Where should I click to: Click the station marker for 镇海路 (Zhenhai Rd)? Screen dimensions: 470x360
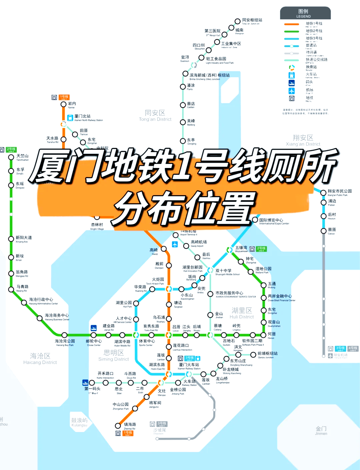(x=118, y=426)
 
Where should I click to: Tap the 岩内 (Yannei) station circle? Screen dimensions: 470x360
(x=63, y=104)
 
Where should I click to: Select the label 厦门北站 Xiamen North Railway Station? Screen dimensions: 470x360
(x=88, y=118)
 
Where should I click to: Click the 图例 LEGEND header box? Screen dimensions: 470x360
(x=305, y=13)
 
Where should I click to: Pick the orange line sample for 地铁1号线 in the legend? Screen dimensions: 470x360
(x=291, y=24)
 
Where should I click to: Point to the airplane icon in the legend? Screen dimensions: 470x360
(x=292, y=91)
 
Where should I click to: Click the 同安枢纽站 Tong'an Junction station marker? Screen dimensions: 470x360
(x=237, y=21)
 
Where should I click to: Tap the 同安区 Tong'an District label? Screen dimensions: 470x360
(x=155, y=115)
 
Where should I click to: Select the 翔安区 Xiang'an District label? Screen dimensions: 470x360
(x=303, y=140)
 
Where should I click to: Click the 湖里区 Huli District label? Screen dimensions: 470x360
(x=242, y=313)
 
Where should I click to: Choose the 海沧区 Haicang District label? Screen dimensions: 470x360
(x=40, y=358)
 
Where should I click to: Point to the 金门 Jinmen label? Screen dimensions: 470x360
(x=321, y=430)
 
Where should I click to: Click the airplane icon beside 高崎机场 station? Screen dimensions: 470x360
(x=175, y=244)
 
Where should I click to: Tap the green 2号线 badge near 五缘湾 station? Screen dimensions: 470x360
(x=261, y=249)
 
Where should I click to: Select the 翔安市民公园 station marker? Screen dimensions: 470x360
(x=323, y=192)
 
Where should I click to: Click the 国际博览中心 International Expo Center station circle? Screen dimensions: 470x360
(x=255, y=220)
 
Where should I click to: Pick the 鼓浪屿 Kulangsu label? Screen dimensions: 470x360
(x=79, y=422)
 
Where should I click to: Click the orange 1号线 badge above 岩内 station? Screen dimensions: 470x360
(x=64, y=97)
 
